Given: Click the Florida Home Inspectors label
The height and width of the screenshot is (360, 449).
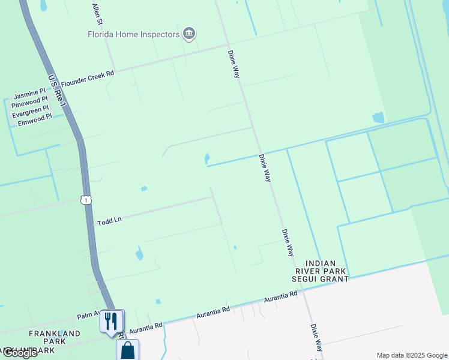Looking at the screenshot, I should tap(134, 34).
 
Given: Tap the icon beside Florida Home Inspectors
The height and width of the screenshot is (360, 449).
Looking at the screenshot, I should tap(190, 33).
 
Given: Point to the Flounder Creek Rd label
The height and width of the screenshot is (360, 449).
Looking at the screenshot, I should tap(87, 77).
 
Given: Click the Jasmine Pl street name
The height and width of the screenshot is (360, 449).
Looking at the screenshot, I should tap(30, 95).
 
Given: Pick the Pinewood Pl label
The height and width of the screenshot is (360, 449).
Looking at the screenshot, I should tap(30, 103).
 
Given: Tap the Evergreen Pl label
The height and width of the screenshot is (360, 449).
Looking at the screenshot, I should tap(30, 112).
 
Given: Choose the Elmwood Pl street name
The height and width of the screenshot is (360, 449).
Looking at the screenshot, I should tap(35, 120).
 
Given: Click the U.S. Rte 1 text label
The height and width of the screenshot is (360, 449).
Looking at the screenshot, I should tap(58, 91).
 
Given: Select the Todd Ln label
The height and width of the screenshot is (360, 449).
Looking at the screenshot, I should tap(109, 221).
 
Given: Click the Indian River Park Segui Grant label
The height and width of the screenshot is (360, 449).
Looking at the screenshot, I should tap(327, 271).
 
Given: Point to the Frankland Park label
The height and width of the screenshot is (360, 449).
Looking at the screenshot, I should tap(54, 337).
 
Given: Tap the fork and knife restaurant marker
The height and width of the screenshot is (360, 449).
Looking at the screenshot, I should tap(110, 321).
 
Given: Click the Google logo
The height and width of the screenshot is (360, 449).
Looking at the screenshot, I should tap(19, 353).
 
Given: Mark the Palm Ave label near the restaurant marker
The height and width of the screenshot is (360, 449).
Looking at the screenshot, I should tap(87, 316).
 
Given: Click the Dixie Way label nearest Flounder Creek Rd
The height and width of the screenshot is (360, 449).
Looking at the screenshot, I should tap(234, 64).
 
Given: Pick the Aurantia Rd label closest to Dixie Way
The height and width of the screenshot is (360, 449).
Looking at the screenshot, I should tap(280, 297).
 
